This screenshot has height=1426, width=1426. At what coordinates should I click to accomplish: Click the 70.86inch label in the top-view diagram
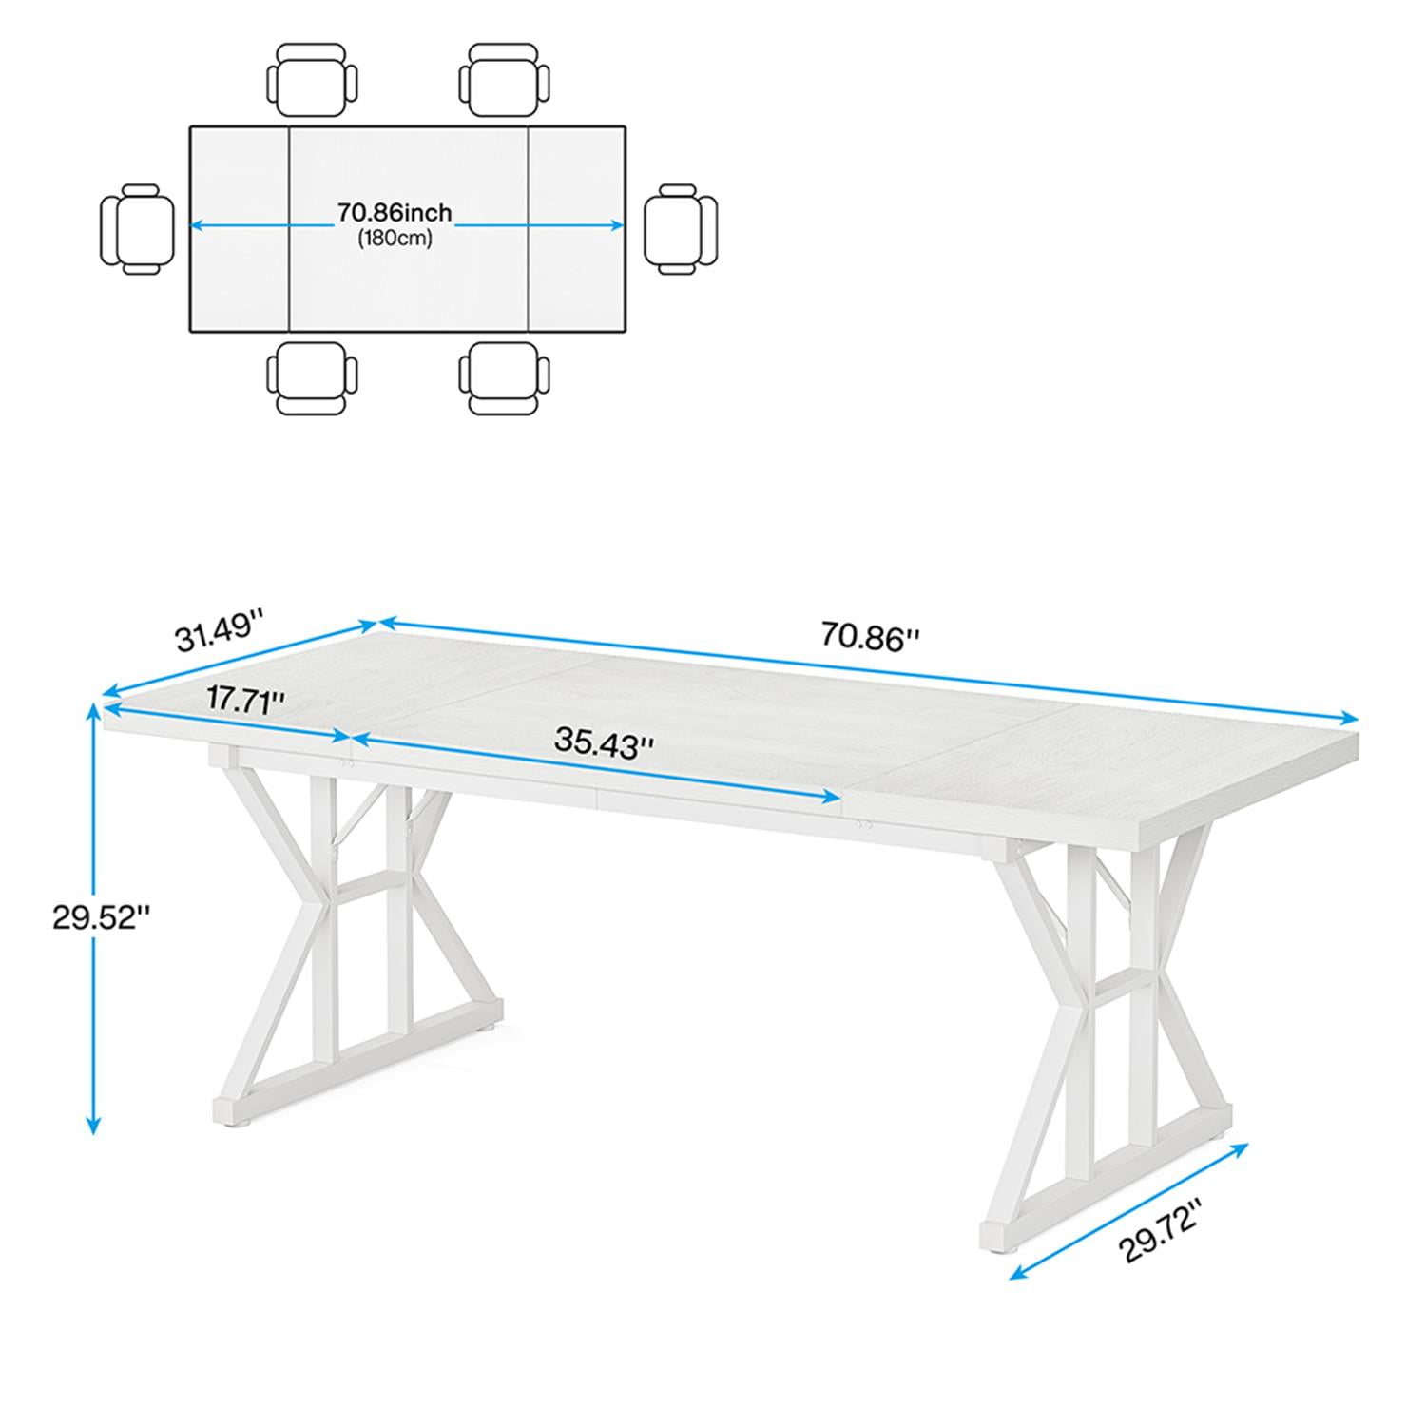(x=395, y=212)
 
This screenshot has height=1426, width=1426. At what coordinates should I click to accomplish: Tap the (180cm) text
(x=395, y=238)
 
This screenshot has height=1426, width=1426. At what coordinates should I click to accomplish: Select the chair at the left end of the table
(x=137, y=229)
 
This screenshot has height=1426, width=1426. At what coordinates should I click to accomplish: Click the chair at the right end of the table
(x=681, y=229)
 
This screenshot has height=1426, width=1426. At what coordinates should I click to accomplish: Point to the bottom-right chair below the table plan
(x=505, y=377)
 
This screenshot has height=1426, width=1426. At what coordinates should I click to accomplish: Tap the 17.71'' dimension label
(x=246, y=702)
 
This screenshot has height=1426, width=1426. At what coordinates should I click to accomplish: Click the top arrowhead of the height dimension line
(x=93, y=709)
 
